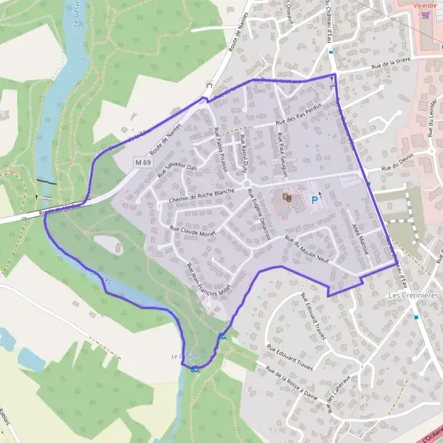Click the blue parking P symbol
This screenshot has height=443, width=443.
pos(315,199)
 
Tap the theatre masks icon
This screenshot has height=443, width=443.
pos(288,197)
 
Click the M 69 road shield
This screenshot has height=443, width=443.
pos(143,161)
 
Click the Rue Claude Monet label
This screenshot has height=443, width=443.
pos(195,229)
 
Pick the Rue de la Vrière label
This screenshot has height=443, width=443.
pos(391,70)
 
